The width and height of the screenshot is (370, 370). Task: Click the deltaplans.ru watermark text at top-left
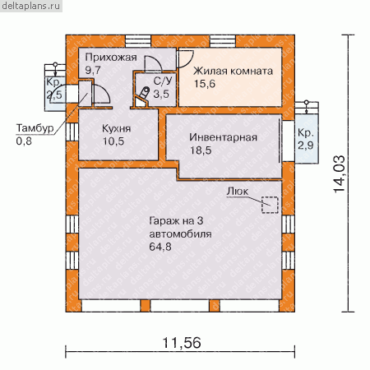[x=30, y=6]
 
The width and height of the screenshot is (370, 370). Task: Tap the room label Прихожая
[x=111, y=58]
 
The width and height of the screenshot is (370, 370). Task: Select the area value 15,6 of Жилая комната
[x=205, y=84]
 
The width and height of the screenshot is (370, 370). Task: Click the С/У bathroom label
[x=163, y=81]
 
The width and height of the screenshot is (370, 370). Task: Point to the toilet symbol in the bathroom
[x=143, y=97]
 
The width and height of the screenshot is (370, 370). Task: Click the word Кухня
[x=116, y=128]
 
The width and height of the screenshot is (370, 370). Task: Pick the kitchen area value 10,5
[x=113, y=141]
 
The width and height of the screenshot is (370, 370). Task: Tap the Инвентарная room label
[x=223, y=137]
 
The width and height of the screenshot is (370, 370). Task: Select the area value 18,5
[x=201, y=150]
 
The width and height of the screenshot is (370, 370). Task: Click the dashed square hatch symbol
[x=270, y=205]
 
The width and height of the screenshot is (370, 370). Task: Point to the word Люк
[x=238, y=192]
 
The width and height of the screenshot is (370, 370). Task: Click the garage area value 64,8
[x=160, y=247]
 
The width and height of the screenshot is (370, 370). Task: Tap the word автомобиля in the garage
[x=180, y=234]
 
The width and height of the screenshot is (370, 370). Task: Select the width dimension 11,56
[x=182, y=343]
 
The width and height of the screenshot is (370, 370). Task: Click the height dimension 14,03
[x=339, y=174]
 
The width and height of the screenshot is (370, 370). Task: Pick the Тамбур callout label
[x=35, y=128]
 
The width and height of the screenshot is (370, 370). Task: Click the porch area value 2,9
[x=306, y=146]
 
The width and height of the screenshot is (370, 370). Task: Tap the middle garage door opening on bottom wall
[x=180, y=306]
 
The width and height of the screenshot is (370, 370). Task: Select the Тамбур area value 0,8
[x=24, y=141]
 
